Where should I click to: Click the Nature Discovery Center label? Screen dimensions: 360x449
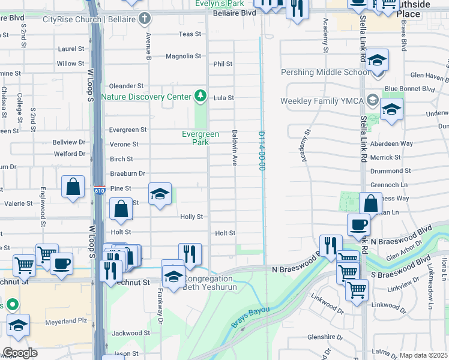click(146, 96)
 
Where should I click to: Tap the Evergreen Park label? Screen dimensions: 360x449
click(200, 138)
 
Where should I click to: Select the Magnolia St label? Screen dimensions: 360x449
click(184, 56)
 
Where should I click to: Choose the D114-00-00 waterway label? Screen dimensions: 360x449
click(262, 151)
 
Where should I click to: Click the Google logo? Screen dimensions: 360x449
click(20, 353)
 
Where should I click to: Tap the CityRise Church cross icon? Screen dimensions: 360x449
click(144, 18)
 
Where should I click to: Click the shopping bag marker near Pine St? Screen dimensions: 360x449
click(73, 186)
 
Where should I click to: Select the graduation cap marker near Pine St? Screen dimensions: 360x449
click(160, 194)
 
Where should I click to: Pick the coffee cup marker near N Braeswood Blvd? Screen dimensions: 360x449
click(358, 224)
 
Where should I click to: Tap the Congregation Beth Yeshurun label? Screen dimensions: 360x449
click(207, 283)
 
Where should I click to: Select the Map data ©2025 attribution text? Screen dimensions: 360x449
click(423, 355)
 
